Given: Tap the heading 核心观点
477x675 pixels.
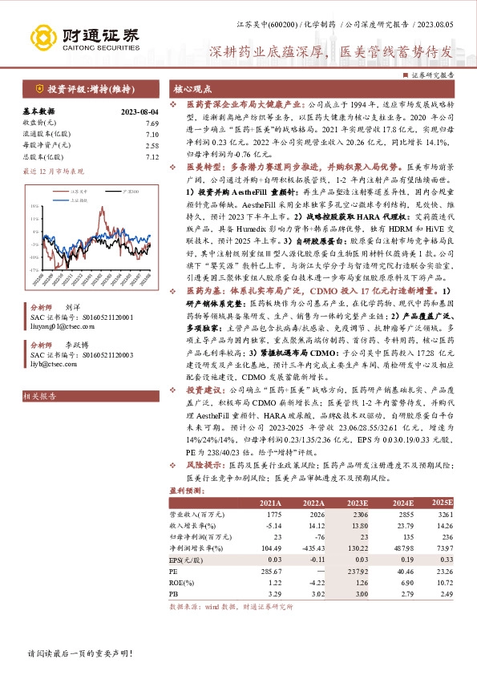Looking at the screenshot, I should coord(193,89).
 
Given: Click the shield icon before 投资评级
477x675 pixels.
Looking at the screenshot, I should coord(39,89).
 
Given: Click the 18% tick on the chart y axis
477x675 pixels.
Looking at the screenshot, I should coord(34,206).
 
